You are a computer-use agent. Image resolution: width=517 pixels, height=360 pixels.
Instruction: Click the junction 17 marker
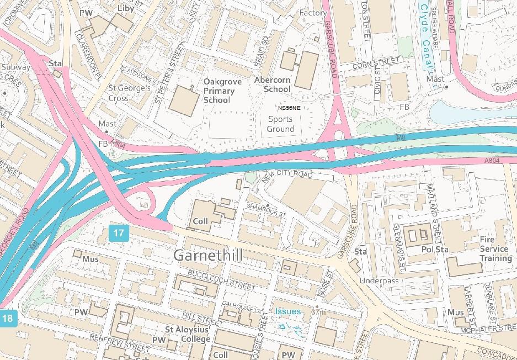click(x=119, y=233)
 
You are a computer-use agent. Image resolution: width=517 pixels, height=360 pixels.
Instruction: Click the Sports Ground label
click(x=280, y=124)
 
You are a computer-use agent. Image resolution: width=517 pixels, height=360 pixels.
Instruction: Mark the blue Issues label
click(x=288, y=311)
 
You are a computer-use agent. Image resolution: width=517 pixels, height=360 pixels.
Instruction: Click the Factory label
click(x=313, y=13)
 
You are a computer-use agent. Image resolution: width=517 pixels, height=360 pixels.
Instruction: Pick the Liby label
click(x=126, y=8)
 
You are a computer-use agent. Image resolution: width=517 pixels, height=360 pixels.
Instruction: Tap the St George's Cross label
click(x=129, y=93)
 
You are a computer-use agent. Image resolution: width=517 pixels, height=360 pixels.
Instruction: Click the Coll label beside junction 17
click(x=200, y=221)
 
